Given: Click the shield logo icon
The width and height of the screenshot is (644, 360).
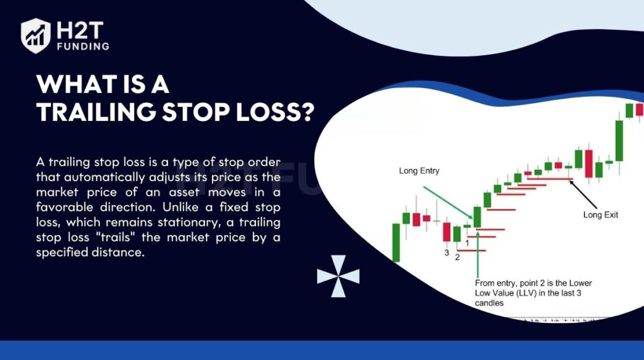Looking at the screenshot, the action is click(x=36, y=36).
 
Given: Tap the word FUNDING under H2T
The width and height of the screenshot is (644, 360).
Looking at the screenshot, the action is click(x=83, y=47).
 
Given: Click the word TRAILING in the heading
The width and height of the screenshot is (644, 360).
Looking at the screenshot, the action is click(x=96, y=111).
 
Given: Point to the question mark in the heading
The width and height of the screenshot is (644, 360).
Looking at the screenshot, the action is click(x=305, y=111).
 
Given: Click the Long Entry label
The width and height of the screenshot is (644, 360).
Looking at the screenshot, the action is click(x=419, y=171).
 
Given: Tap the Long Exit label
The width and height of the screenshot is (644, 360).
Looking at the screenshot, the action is click(x=601, y=215).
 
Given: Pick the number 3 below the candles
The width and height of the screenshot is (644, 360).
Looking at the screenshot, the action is click(x=447, y=253).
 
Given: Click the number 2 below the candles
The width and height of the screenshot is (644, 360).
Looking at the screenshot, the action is click(x=457, y=257).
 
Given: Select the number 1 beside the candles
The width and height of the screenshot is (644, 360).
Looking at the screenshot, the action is click(x=467, y=244).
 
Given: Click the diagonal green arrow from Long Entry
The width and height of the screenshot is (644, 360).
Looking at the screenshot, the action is click(x=448, y=203).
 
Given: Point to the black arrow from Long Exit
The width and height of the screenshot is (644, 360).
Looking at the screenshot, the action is click(x=582, y=194).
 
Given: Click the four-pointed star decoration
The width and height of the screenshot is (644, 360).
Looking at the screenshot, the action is click(x=338, y=276).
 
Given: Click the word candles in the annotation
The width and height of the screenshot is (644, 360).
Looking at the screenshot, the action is click(x=489, y=303).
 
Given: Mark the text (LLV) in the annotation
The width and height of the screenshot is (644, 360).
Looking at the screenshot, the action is click(x=527, y=293).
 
